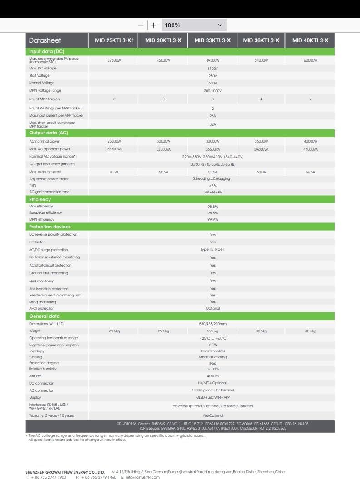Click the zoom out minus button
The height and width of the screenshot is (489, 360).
point(141,25)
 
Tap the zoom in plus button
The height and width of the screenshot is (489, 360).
point(154,25)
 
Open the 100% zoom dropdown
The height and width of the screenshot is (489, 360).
point(194,25)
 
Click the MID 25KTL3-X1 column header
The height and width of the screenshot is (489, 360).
point(114,40)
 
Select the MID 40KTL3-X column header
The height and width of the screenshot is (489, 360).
point(311,40)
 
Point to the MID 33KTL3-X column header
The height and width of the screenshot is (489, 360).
point(212,40)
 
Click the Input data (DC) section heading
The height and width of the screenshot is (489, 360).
point(47,52)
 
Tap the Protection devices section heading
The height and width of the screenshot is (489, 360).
point(50,227)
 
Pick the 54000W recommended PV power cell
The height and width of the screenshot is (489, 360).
point(261,60)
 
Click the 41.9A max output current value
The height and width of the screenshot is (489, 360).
point(114,172)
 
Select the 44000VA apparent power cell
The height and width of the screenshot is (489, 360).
point(311,149)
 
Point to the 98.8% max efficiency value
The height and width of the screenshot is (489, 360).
point(212,207)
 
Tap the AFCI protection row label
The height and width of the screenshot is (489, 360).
point(42,308)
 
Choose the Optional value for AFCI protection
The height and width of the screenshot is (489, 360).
point(212,308)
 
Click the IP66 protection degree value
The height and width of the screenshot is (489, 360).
point(212,363)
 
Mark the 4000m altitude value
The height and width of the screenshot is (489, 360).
point(212,376)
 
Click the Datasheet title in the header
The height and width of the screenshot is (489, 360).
point(45,40)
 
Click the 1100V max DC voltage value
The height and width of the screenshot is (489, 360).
point(212,68)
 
